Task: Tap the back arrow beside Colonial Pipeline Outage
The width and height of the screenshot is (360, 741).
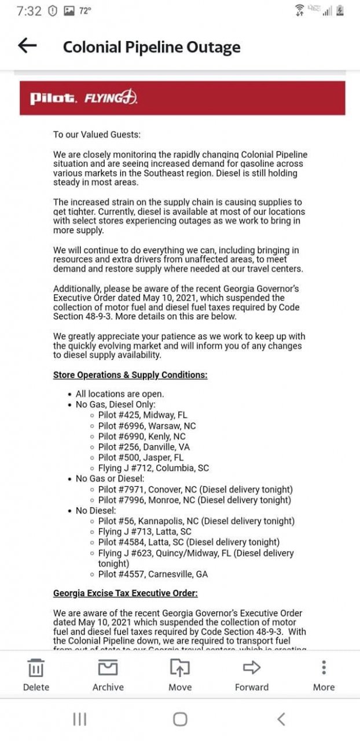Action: tap(27, 46)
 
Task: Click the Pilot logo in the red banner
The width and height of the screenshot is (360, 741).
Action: tap(53, 98)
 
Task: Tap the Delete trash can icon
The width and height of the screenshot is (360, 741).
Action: tap(36, 668)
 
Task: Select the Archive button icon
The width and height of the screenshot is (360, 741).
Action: tap(108, 668)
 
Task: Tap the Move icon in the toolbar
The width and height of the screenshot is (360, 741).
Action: tap(180, 668)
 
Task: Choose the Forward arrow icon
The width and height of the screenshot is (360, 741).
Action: tap(252, 668)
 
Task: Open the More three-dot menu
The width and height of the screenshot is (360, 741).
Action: tap(324, 668)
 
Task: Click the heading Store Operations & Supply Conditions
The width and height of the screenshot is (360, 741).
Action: tap(130, 375)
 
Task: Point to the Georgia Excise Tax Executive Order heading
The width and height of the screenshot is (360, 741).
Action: tap(126, 593)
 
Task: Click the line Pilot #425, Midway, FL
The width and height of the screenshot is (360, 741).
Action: tap(142, 415)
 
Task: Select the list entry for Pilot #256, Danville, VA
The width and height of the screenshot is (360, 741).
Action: tap(144, 447)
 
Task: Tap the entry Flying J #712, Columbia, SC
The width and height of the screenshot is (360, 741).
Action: tap(153, 468)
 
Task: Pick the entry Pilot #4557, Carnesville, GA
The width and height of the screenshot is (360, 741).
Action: tap(153, 574)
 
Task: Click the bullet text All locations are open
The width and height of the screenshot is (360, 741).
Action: tap(120, 394)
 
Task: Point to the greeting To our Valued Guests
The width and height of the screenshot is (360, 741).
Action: tap(97, 134)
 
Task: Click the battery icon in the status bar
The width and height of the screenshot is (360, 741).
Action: tap(340, 10)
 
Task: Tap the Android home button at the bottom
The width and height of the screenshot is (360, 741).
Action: tap(180, 719)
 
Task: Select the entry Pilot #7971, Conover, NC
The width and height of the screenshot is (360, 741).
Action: tap(195, 489)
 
